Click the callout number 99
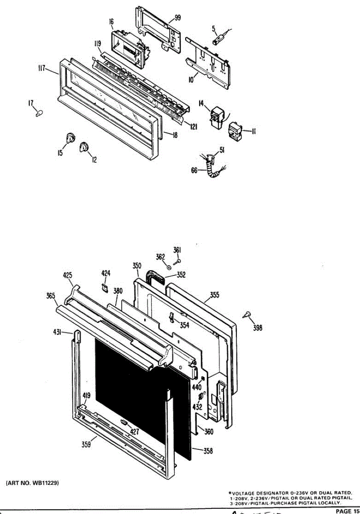pyautogui.click(x=178, y=18)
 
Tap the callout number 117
pyautogui.click(x=42, y=68)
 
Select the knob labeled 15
pyautogui.click(x=70, y=138)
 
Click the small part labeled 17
pyautogui.click(x=39, y=114)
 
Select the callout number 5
pyautogui.click(x=214, y=29)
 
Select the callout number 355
pyautogui.click(x=214, y=295)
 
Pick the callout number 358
pyautogui.click(x=208, y=451)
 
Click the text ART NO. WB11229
pyautogui.click(x=33, y=483)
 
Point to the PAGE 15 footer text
pyautogui.click(x=348, y=511)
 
